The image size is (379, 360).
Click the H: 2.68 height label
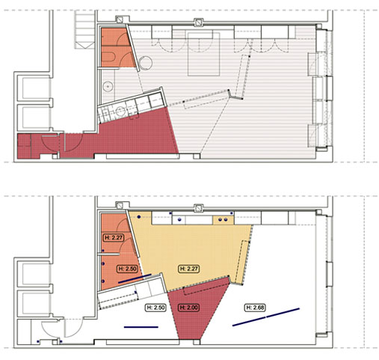(255, 308)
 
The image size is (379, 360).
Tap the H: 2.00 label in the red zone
(189, 308)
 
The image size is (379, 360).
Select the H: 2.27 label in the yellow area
(189, 269)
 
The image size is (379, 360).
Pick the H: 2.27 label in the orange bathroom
(114, 237)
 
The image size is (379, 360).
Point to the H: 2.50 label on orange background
(127, 269)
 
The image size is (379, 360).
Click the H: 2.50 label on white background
(155, 308)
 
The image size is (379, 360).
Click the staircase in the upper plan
(84, 29)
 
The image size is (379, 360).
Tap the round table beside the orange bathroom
(146, 63)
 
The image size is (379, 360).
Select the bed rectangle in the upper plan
(204, 54)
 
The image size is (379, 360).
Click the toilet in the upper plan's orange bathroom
(108, 58)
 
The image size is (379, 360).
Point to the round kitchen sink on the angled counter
(121, 112)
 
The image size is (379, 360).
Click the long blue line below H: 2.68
(266, 317)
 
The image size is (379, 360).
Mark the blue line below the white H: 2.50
(141, 327)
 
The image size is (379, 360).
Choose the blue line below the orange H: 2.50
(135, 278)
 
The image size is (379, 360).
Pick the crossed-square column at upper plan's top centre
(198, 22)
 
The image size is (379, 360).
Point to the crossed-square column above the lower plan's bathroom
(120, 206)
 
